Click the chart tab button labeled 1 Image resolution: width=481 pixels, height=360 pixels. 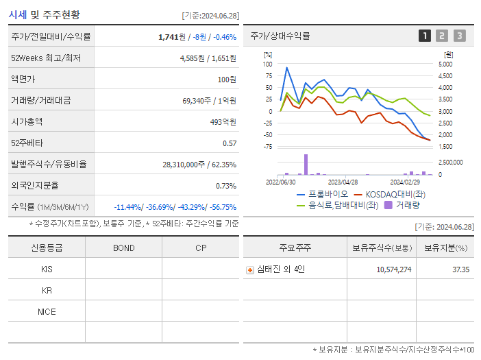(425, 36)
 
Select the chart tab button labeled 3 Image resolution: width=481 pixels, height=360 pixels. (459, 36)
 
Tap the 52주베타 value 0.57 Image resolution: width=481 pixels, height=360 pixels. (230, 143)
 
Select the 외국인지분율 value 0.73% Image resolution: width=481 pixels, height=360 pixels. (225, 185)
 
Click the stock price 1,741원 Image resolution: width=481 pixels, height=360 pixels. (171, 36)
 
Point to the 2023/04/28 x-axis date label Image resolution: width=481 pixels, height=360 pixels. (343, 182)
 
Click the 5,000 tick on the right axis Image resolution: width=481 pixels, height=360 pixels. (445, 64)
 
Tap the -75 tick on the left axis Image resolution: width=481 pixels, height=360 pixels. (267, 146)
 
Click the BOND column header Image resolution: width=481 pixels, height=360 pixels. (123, 248)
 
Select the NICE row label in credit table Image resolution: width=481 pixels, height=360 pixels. (47, 311)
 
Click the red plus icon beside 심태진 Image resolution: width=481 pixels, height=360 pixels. (250, 269)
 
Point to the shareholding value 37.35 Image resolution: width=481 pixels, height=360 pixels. (460, 269)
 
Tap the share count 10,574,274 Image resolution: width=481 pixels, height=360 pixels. (393, 269)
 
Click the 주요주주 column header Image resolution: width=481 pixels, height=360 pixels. (295, 248)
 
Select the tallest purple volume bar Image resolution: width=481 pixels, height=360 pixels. (306, 165)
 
